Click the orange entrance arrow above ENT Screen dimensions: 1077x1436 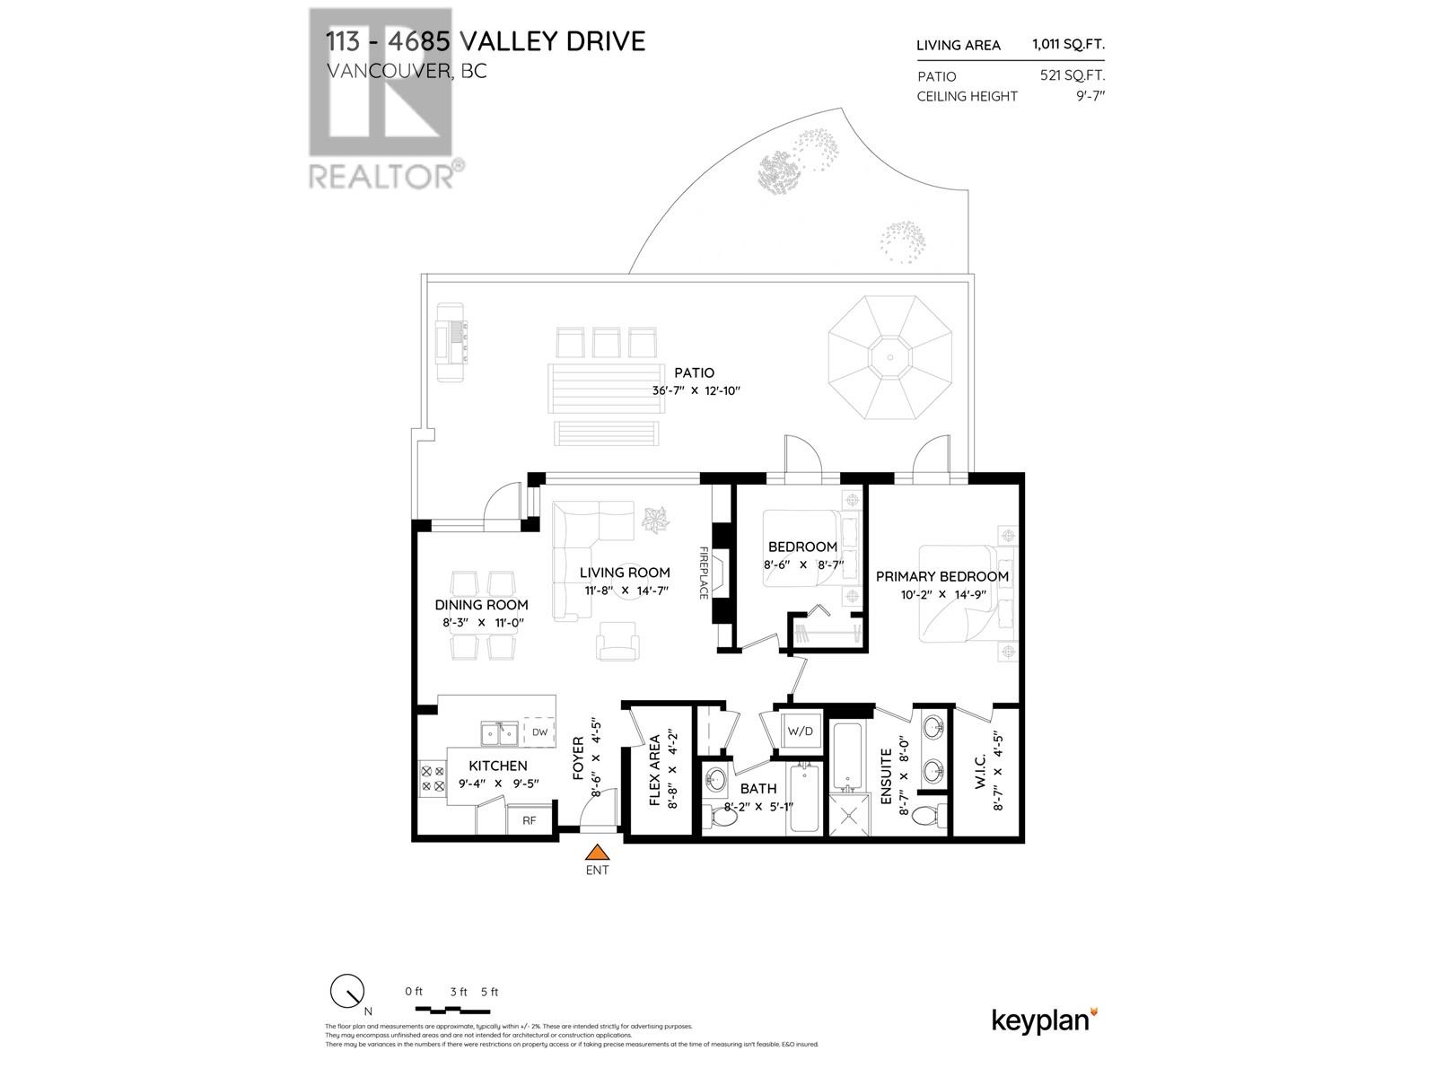click(x=597, y=853)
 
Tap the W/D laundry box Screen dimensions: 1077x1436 click(x=800, y=731)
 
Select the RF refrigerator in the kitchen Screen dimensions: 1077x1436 click(x=530, y=819)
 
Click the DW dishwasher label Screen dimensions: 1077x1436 click(x=539, y=732)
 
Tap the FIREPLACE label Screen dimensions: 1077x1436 click(x=704, y=573)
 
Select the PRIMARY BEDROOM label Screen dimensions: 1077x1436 click(x=941, y=576)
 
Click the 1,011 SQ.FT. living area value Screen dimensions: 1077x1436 click(x=1068, y=45)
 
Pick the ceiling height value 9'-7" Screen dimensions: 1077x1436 click(x=1088, y=96)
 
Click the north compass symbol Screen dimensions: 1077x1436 click(x=346, y=992)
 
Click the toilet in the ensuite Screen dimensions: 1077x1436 click(x=938, y=816)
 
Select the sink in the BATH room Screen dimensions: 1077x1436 click(x=716, y=779)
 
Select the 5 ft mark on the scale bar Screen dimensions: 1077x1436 click(x=489, y=992)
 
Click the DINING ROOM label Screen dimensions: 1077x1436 click(x=481, y=605)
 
